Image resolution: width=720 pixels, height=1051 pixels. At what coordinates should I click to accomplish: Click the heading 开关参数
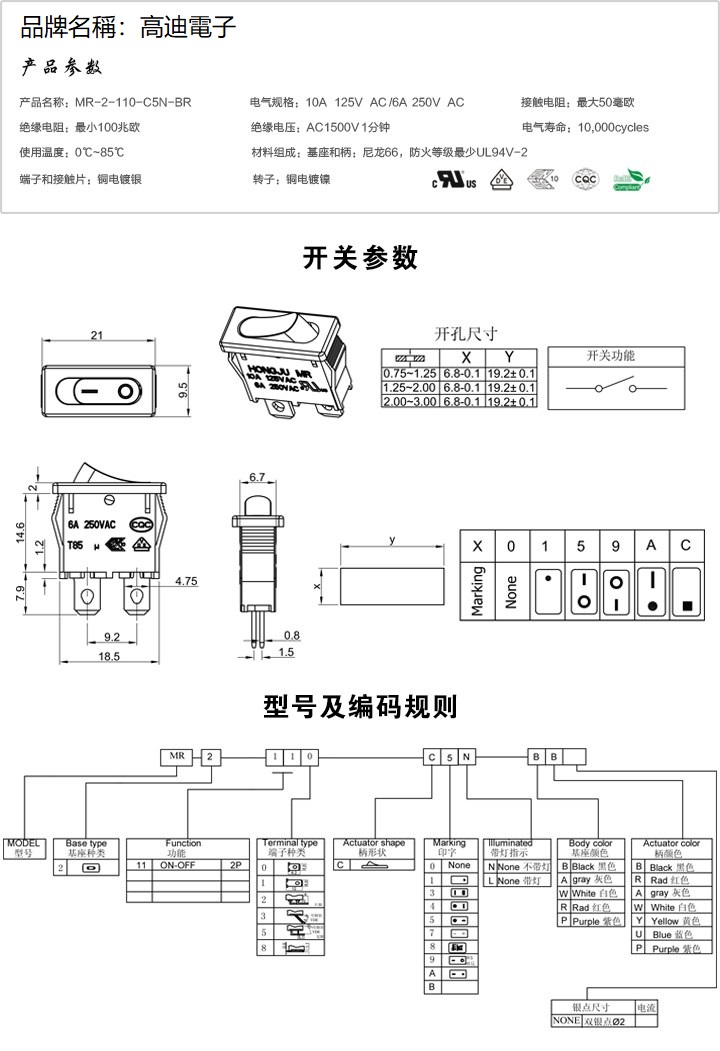pyautogui.click(x=360, y=258)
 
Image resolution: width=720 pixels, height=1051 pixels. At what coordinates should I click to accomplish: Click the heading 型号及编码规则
pyautogui.click(x=360, y=707)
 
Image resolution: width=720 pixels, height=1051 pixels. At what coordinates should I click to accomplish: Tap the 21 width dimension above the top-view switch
pyautogui.click(x=97, y=334)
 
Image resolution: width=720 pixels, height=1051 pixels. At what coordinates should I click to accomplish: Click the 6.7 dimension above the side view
pyautogui.click(x=256, y=477)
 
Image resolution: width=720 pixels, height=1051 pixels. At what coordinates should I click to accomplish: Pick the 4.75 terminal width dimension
pyautogui.click(x=185, y=580)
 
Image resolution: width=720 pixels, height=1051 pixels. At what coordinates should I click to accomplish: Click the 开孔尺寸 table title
pyautogui.click(x=465, y=333)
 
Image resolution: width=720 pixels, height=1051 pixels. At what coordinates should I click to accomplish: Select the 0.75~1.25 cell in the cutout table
pyautogui.click(x=410, y=372)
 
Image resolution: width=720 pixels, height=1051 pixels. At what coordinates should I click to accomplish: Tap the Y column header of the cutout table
pyautogui.click(x=510, y=357)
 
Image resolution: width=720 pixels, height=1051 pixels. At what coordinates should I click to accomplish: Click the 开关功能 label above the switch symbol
pyautogui.click(x=610, y=356)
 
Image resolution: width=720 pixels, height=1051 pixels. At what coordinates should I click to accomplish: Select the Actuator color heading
pyautogui.click(x=671, y=844)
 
